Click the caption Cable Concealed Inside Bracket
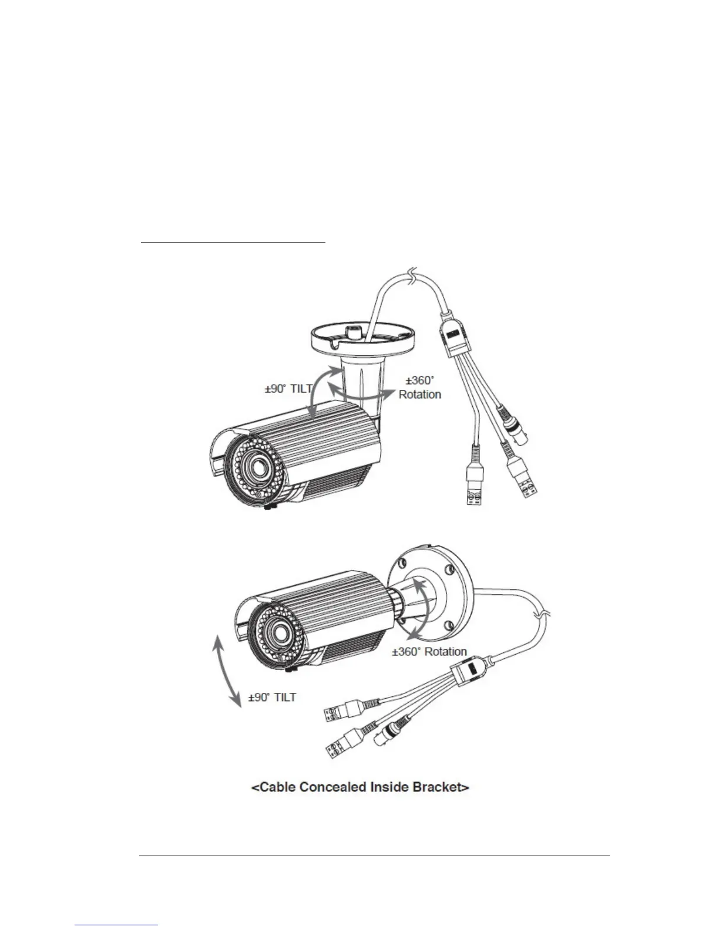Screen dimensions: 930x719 click(x=359, y=787)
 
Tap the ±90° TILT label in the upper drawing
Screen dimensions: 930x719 click(x=288, y=389)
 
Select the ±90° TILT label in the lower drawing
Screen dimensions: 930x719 click(x=272, y=697)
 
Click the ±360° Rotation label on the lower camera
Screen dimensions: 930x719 click(x=429, y=652)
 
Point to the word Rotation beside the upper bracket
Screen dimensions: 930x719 click(x=419, y=395)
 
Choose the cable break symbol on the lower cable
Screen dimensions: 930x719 click(x=543, y=616)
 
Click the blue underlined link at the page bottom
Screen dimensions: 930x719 click(x=117, y=924)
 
